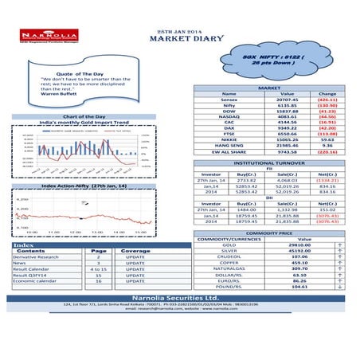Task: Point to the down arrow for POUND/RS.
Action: (x=340, y=286)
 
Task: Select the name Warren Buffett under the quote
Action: (x=57, y=95)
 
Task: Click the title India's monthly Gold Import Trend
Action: (x=95, y=122)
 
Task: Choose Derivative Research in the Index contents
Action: (x=36, y=257)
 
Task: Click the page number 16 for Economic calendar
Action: (x=98, y=281)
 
